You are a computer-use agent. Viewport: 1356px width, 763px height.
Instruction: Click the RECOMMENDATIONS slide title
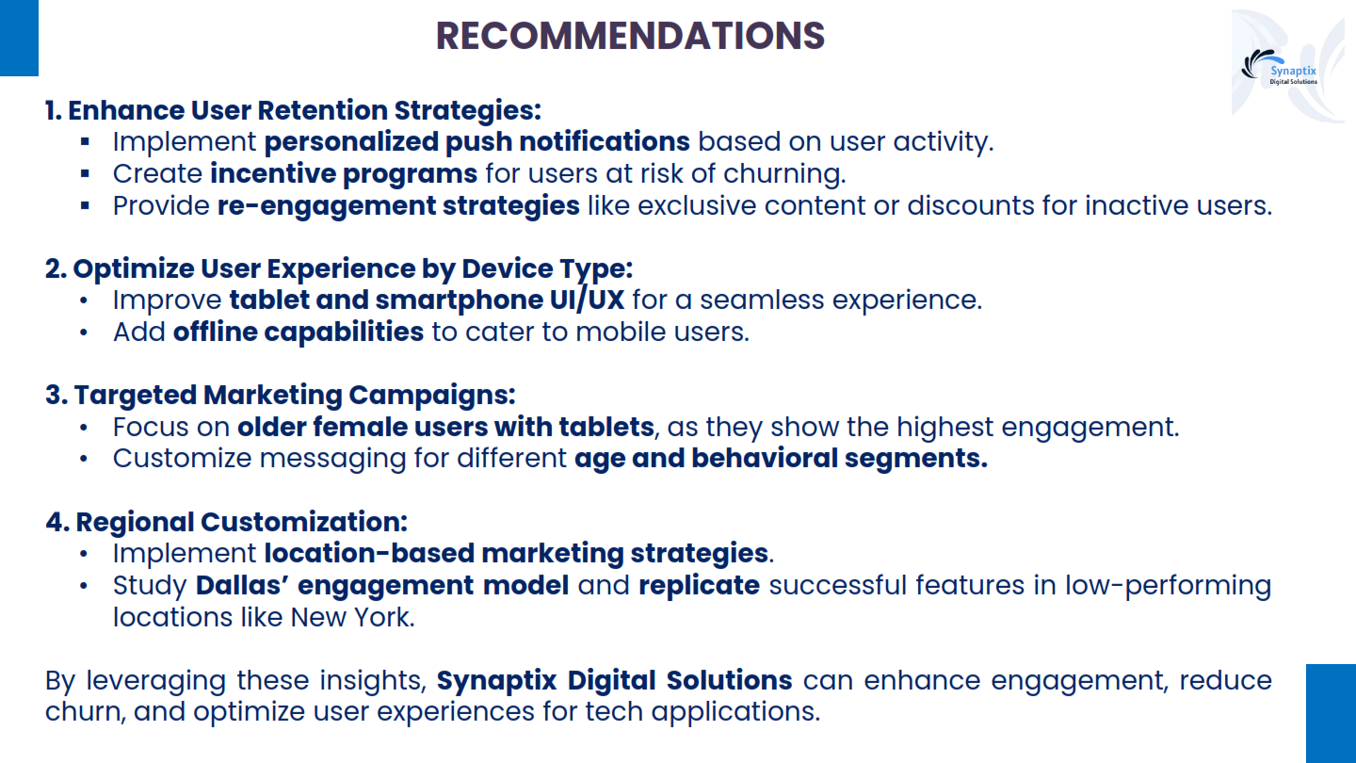[630, 36]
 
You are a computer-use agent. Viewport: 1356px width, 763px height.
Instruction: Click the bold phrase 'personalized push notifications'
[477, 142]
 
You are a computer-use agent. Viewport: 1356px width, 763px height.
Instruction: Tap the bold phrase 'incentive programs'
[344, 174]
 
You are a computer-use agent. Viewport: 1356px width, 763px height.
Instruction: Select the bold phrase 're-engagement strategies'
[398, 206]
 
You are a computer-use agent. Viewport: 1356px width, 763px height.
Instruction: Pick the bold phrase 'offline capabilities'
[299, 332]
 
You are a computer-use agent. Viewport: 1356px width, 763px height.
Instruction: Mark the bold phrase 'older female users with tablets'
[445, 428]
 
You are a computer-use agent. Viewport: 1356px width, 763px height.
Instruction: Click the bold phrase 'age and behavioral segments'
[781, 459]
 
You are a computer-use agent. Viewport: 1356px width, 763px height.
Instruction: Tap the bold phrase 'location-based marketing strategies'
[516, 554]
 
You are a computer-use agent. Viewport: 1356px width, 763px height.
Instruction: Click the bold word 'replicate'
[699, 586]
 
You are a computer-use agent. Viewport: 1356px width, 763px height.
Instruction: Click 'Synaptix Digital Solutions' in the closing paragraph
[614, 681]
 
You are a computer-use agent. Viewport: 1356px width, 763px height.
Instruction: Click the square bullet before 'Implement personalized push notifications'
[85, 142]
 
